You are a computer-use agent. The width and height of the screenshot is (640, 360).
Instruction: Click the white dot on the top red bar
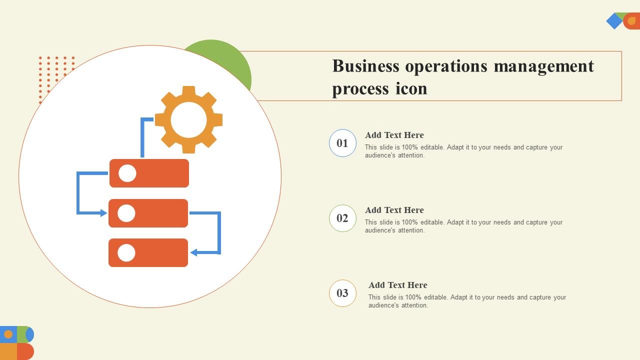[127, 173]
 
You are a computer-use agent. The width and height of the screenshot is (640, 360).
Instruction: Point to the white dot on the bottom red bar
[126, 253]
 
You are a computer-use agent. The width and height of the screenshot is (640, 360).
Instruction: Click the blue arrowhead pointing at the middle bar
[103, 213]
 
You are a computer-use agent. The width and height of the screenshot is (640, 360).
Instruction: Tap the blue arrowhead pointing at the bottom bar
[193, 253]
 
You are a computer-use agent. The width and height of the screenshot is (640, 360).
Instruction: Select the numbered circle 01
[342, 143]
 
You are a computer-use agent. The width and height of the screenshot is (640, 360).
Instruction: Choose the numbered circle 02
[342, 218]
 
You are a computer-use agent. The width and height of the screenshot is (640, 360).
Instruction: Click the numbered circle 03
[342, 293]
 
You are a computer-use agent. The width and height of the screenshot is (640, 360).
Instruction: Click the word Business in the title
[366, 66]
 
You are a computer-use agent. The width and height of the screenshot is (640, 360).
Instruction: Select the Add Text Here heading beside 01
[394, 135]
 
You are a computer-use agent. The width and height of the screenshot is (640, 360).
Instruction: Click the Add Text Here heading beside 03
[398, 285]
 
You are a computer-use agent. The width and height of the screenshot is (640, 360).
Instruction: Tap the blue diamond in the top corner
[614, 21]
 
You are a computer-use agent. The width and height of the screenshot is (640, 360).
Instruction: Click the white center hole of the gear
[188, 120]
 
